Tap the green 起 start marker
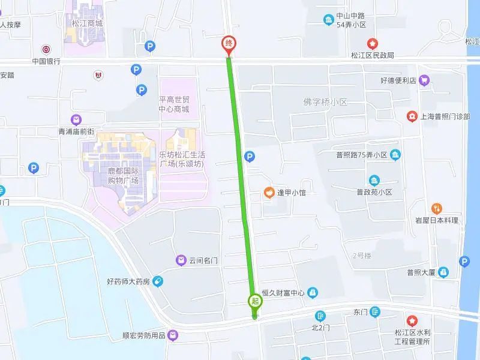[255, 301]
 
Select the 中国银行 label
[46, 62]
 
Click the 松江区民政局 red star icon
[373, 43]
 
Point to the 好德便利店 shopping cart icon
[424, 80]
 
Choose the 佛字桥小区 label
[326, 102]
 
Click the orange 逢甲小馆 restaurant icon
[269, 193]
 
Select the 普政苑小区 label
[373, 193]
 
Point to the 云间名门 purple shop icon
[180, 260]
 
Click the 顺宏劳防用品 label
[143, 336]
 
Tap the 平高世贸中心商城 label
[174, 105]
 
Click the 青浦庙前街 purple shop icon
[76, 119]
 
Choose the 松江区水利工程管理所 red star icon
[412, 321]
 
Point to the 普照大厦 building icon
[443, 272]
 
